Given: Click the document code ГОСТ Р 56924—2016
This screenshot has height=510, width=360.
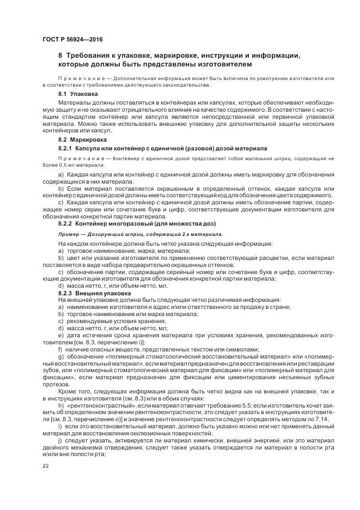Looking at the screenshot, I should [72, 39].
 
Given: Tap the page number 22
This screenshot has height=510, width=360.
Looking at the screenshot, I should [45, 466].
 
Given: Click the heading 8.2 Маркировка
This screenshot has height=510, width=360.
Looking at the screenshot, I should [86, 140].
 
